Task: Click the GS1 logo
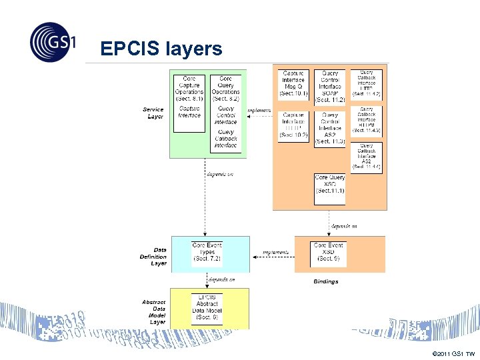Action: pyautogui.click(x=53, y=41)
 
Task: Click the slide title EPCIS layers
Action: pyautogui.click(x=161, y=49)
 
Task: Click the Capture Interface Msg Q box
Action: pyautogui.click(x=293, y=85)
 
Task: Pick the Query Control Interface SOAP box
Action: pyautogui.click(x=330, y=87)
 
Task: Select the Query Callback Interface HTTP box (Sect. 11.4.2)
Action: pyautogui.click(x=367, y=84)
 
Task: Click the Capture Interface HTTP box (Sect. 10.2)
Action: pyautogui.click(x=293, y=125)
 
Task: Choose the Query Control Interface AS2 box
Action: pyautogui.click(x=330, y=128)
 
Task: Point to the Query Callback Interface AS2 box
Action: pyautogui.click(x=367, y=157)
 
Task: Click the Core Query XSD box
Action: pyautogui.click(x=330, y=189)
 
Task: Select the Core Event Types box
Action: pyautogui.click(x=207, y=254)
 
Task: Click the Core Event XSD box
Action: pyautogui.click(x=329, y=254)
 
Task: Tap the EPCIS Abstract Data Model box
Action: pyautogui.click(x=207, y=307)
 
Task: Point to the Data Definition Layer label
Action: pyautogui.click(x=153, y=257)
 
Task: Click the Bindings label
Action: pyautogui.click(x=326, y=281)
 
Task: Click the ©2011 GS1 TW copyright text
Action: pyautogui.click(x=453, y=353)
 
